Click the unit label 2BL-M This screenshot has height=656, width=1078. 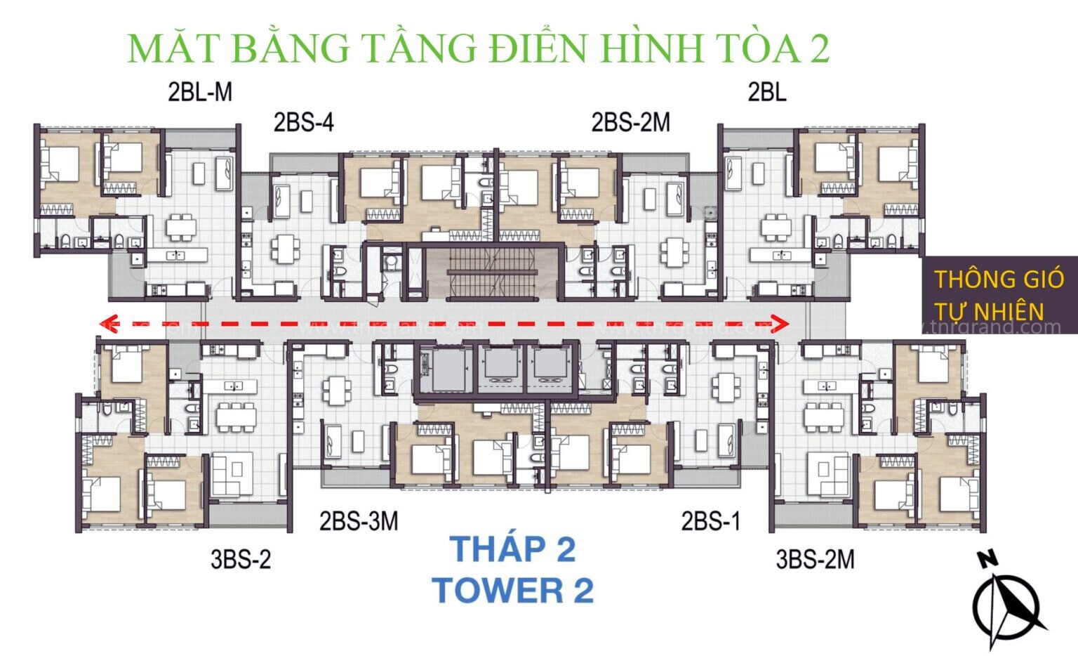coord(199,92)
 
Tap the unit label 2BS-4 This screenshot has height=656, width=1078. coord(303,123)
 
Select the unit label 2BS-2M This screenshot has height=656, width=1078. coord(630,123)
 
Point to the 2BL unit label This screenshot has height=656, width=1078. coord(766,92)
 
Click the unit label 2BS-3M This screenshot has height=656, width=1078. coord(359,521)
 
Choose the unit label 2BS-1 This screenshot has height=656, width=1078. coord(710,521)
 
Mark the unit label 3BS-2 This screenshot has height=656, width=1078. coord(240,559)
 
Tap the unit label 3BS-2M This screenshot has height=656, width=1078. coord(815,559)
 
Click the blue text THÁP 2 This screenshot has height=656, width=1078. coord(512,549)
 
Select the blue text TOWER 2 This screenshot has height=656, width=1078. coord(512,590)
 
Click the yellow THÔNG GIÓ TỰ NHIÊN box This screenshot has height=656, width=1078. coord(999,295)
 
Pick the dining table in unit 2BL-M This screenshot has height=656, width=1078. coord(181,227)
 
